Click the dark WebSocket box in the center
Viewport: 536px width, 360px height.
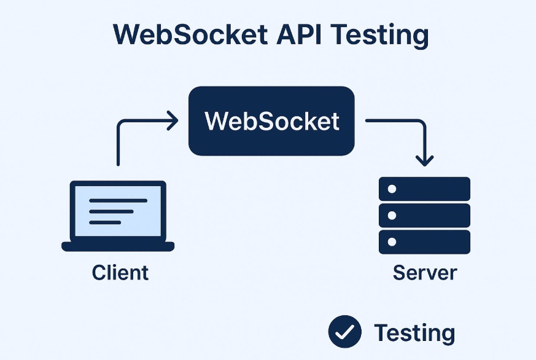coord(271,121)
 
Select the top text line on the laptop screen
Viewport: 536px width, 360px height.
coord(118,201)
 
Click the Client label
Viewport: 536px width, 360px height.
coord(120,272)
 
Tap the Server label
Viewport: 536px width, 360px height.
coord(424,272)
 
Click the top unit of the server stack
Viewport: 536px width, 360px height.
coord(424,189)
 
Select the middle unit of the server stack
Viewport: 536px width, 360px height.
coord(424,216)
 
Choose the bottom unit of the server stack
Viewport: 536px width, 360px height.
coord(424,242)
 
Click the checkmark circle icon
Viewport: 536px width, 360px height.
coord(345,332)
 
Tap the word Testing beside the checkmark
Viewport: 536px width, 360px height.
coord(414,334)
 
